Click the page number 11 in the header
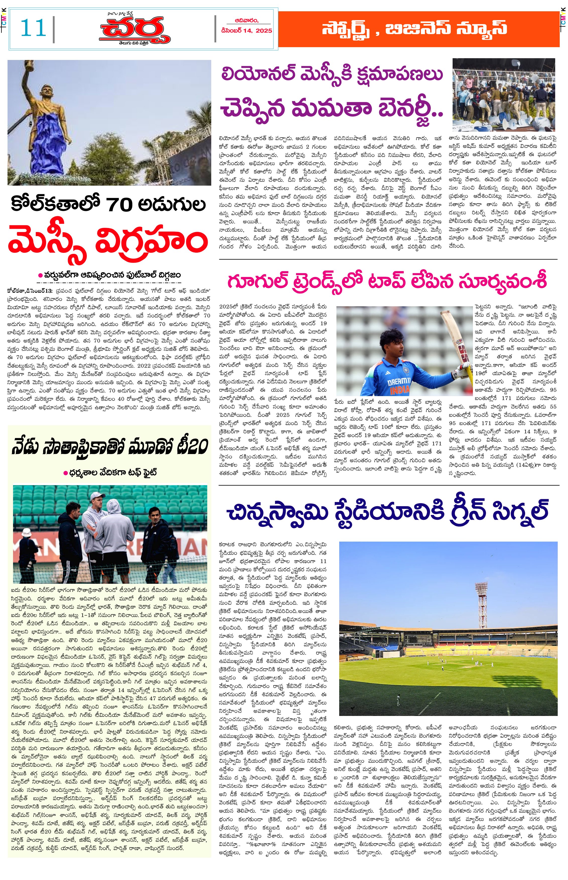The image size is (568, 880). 33,28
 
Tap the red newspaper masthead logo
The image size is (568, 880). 135,30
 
